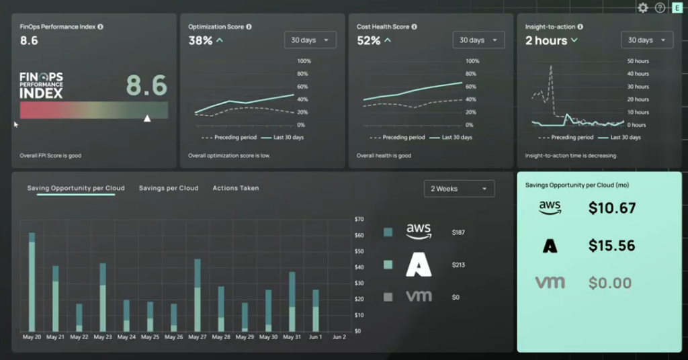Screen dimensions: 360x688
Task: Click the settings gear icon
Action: tap(643, 7)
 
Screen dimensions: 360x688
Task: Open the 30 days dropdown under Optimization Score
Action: tap(310, 40)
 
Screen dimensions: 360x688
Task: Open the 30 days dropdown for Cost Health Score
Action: tap(478, 40)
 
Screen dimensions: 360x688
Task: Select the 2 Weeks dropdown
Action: tap(459, 189)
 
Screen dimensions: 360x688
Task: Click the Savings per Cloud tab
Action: tap(169, 188)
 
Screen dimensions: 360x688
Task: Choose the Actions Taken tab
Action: tap(236, 188)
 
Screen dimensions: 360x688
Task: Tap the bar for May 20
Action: tap(32, 282)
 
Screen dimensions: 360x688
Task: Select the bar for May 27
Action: tap(198, 296)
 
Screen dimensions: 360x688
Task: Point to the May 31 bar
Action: tap(292, 302)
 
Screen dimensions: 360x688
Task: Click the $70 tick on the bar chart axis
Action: tap(359, 219)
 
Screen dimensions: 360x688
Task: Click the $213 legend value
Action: tap(458, 265)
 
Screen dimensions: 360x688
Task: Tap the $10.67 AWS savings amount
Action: tap(611, 208)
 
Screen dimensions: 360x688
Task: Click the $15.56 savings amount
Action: tap(611, 246)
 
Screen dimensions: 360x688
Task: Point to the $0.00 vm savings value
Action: tap(609, 283)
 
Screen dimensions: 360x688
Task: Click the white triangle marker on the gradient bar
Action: tap(147, 118)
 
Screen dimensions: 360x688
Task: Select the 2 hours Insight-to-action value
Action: tap(546, 40)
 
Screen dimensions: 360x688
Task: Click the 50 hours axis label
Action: tap(638, 61)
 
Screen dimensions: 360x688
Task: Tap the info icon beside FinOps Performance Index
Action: tap(100, 27)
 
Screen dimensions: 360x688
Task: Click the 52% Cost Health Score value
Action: tap(368, 40)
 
